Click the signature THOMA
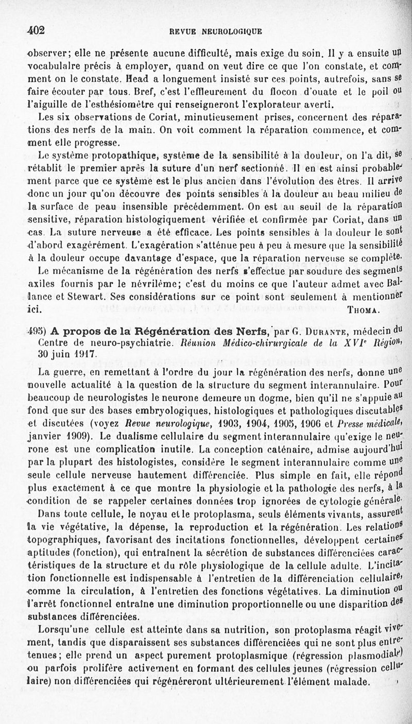click(x=363, y=311)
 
